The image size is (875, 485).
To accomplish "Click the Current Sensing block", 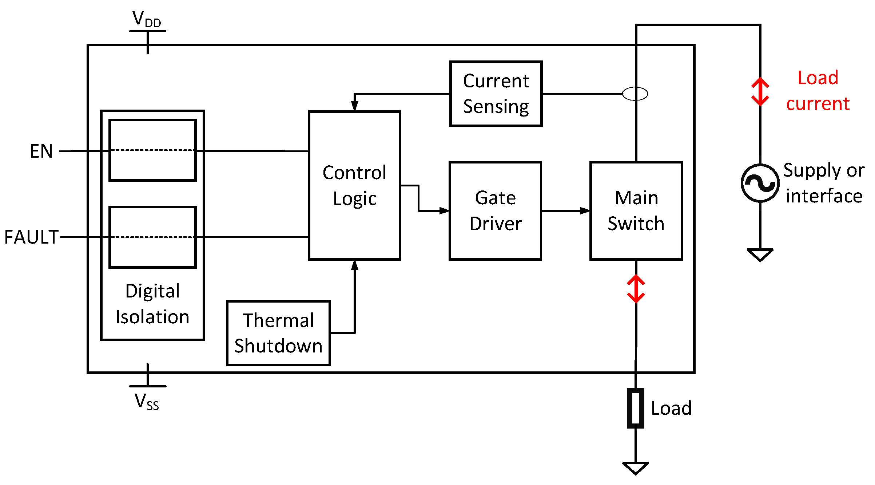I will [x=496, y=94].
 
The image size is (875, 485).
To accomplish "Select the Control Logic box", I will [x=354, y=185].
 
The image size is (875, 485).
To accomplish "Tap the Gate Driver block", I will [x=495, y=210].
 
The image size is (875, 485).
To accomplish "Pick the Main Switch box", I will [x=636, y=210].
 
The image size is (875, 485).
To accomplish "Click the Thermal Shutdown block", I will [x=278, y=333].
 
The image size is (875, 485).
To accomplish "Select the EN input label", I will [x=41, y=151].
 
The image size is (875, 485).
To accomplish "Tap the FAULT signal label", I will [x=31, y=237].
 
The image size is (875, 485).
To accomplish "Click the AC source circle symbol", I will [x=760, y=183].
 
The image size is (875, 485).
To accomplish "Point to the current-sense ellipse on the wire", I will [x=635, y=94].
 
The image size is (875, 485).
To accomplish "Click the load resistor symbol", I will [x=636, y=408].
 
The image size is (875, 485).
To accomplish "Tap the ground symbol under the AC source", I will [x=760, y=255].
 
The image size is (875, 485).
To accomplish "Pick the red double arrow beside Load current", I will [x=760, y=92].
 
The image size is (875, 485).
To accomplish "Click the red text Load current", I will [x=818, y=91].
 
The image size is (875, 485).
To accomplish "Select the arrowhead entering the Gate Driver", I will [x=444, y=210].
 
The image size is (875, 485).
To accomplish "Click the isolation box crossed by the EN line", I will [x=152, y=150].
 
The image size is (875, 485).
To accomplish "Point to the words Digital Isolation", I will [x=152, y=304].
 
